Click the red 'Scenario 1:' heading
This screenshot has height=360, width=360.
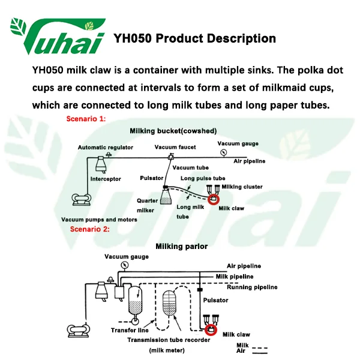86,119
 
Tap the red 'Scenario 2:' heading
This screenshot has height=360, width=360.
90,229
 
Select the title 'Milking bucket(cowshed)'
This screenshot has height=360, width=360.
173,131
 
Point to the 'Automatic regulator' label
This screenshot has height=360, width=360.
106,148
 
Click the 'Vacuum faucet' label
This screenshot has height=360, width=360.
173,147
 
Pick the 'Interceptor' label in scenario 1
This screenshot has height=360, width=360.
106,179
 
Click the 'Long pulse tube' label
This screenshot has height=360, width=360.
203,178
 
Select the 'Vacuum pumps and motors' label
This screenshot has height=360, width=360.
99,220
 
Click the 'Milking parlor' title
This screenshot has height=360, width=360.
181,246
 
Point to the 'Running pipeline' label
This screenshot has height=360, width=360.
252,287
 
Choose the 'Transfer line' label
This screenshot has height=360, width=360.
130,330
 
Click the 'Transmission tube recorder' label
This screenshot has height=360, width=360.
169,340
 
